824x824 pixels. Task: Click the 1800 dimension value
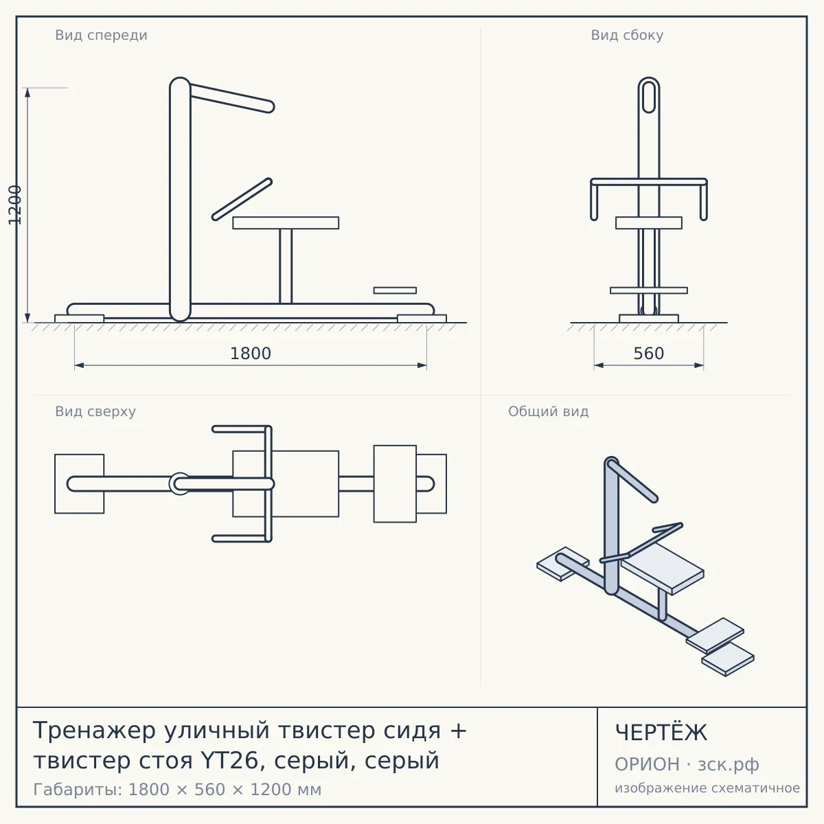pos(251,354)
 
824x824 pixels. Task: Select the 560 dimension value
pos(649,354)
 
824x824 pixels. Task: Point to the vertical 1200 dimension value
pos(15,205)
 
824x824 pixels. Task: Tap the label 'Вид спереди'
pos(102,35)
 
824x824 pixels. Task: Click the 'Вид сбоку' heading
pos(627,35)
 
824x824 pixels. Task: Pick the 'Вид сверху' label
pos(95,411)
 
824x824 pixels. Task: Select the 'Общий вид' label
pos(548,411)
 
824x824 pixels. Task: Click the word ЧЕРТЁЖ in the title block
pos(661,733)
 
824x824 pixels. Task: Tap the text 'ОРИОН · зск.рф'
pos(687,764)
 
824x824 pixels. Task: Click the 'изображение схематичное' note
pos(707,788)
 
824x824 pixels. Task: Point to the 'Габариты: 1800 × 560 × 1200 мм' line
pos(177,790)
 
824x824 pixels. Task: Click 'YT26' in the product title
pos(229,761)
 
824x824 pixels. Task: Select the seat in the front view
pos(286,222)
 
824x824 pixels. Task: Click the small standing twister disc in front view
pos(395,290)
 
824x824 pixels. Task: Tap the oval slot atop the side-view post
pos(649,97)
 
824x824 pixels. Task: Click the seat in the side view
pos(649,222)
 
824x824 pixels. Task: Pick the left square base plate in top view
pos(80,483)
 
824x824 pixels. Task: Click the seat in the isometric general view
pos(662,569)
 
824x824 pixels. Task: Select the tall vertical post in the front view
pos(180,199)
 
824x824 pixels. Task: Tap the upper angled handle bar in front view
pos(231,98)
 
